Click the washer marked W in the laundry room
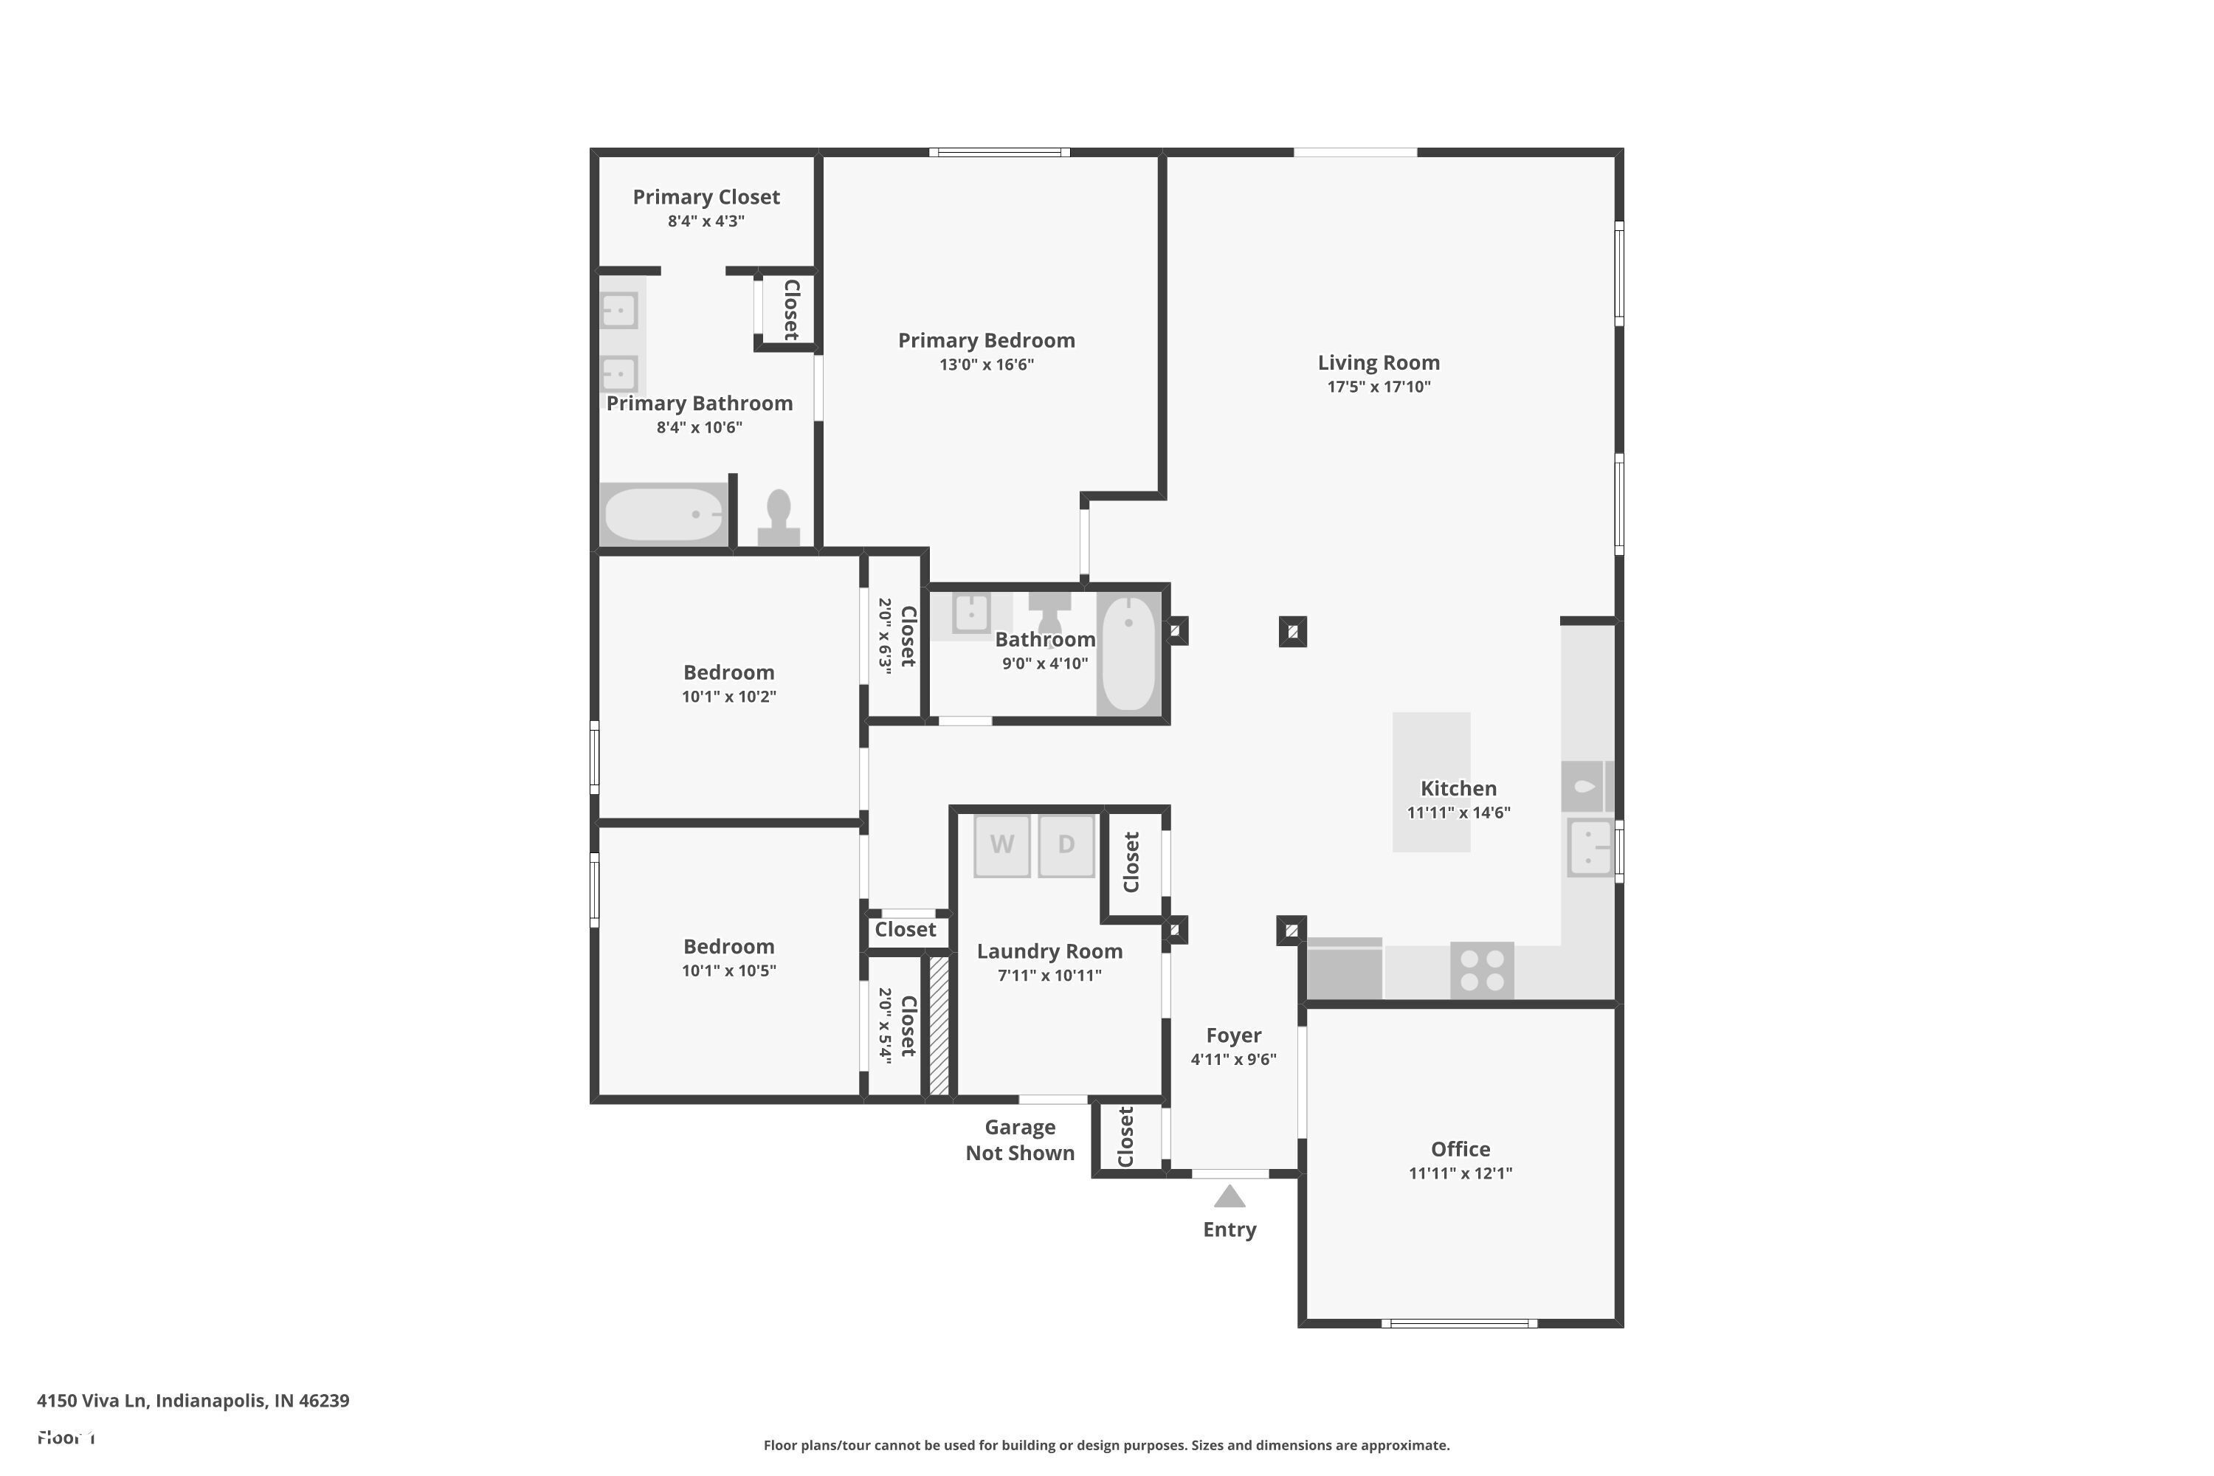point(1001,844)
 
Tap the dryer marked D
point(1066,844)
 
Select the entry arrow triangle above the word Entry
point(1230,1196)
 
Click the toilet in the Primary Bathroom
point(779,519)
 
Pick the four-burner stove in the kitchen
point(1482,970)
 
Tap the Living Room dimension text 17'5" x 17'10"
point(1378,387)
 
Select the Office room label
point(1460,1149)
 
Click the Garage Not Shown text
point(1019,1140)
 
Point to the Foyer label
point(1233,1035)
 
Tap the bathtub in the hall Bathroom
point(1128,652)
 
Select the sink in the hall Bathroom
point(970,613)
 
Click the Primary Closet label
point(706,197)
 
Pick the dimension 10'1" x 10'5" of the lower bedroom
point(728,970)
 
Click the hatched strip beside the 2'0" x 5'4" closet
point(939,1025)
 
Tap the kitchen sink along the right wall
point(1590,847)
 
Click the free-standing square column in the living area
point(1292,632)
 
